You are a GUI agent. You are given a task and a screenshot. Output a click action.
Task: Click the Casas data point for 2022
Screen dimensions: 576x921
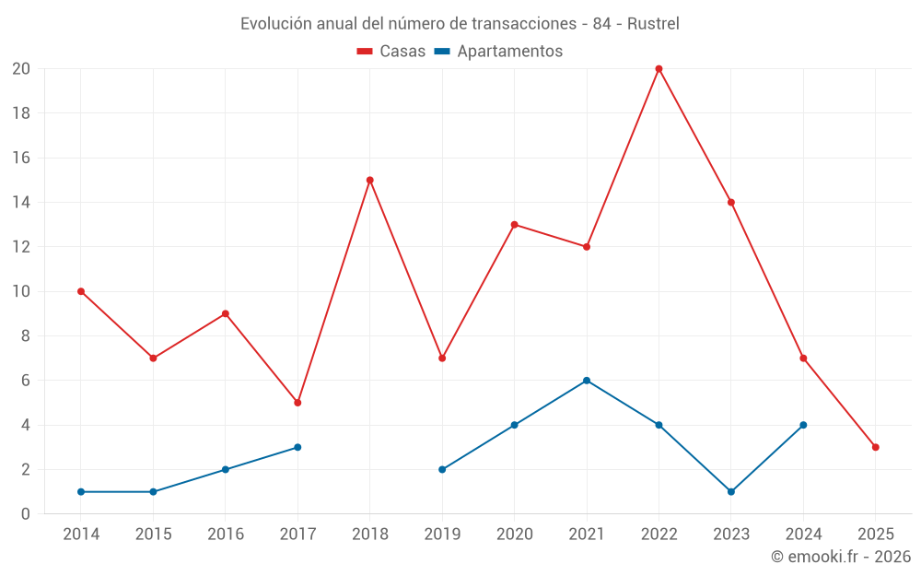659,69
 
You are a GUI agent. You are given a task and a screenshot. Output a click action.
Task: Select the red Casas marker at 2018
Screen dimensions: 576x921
370,180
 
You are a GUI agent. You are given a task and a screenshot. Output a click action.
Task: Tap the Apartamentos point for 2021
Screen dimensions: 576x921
587,381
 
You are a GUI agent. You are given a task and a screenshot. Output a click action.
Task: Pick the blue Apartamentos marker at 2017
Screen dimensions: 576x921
297,447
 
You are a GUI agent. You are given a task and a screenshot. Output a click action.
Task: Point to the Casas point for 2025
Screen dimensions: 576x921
875,447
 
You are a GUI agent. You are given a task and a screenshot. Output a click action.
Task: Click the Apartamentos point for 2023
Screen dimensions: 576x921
731,491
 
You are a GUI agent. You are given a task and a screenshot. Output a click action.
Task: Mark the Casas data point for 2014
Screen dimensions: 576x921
81,291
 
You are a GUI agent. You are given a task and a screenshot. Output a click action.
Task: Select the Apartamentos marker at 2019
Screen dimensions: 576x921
442,469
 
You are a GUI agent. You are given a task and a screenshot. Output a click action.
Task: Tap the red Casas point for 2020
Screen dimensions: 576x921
514,225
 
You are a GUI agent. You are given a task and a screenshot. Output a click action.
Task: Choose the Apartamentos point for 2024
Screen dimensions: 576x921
803,425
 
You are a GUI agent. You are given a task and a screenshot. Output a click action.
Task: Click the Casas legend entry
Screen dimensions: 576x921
391,52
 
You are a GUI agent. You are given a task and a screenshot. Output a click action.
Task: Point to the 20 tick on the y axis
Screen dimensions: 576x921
21,69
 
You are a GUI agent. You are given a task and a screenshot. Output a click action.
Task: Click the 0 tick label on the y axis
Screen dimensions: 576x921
26,513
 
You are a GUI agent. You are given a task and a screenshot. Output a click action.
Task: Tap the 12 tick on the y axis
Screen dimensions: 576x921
21,247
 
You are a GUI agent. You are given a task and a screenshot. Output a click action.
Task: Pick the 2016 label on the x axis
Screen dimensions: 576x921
226,535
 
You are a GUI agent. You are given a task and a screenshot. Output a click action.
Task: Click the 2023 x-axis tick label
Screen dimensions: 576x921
731,535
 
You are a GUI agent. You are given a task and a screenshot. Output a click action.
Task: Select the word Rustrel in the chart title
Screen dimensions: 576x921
653,24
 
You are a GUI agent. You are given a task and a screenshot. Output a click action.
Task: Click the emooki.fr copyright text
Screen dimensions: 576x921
841,557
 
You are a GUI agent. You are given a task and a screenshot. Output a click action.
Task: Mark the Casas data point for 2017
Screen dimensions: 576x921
297,403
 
